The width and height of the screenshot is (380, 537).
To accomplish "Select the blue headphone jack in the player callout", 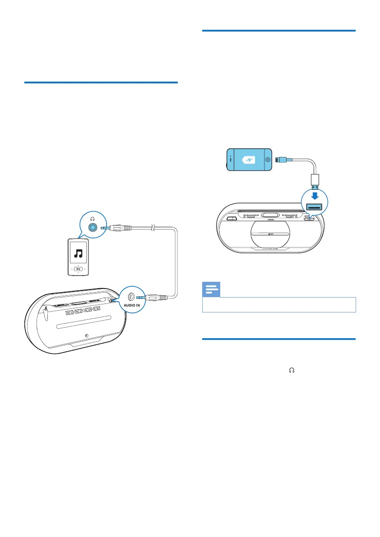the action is click(93, 228).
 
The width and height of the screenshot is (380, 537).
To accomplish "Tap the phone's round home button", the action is click(268, 159).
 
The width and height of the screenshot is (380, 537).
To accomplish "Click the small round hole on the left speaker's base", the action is click(87, 336).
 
